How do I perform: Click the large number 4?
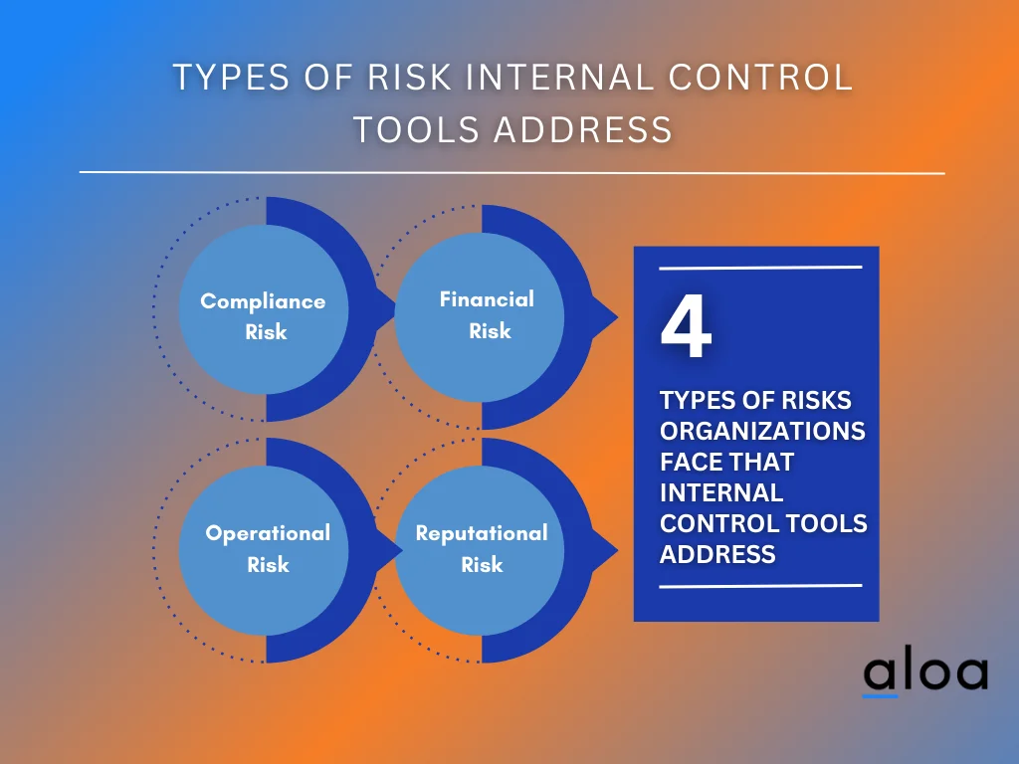(x=686, y=329)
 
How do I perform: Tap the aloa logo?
(x=924, y=673)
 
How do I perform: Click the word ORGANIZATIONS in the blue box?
(x=762, y=431)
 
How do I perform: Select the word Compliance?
(x=263, y=301)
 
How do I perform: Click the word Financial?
(x=487, y=298)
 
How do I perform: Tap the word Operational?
(x=268, y=533)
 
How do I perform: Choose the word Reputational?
(x=482, y=533)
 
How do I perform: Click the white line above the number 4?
(x=760, y=268)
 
